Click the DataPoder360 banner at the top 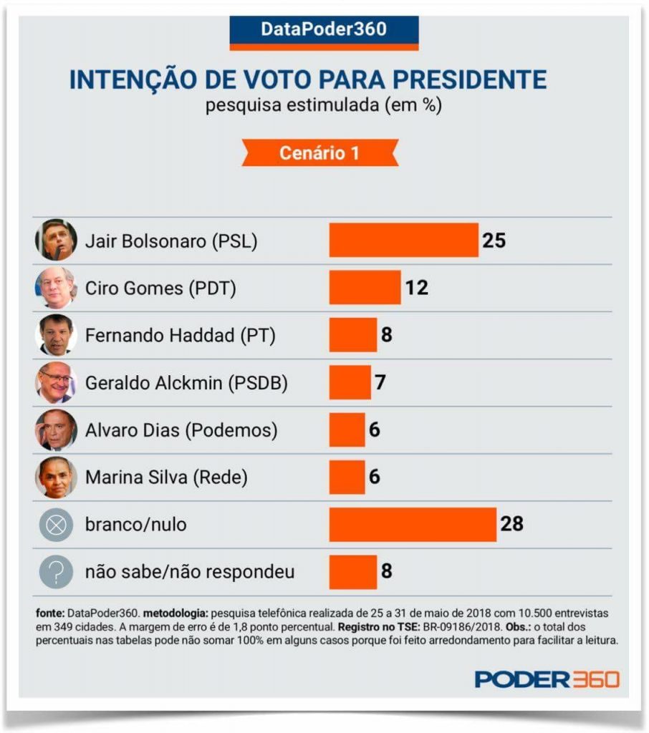coord(324,30)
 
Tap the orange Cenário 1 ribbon coord(319,152)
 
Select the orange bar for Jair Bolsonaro coord(403,240)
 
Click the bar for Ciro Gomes coord(365,287)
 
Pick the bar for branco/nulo coord(413,525)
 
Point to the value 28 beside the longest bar coord(512,525)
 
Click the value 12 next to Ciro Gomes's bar coord(416,288)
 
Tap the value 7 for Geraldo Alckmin coord(380,383)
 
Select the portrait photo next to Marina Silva coord(56,477)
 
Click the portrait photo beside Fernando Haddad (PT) coord(56,335)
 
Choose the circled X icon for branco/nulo coord(56,525)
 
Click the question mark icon coord(56,573)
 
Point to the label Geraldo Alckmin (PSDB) coord(186,383)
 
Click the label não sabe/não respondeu coord(190,573)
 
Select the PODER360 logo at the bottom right coord(547,679)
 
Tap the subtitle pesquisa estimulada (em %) coord(324,105)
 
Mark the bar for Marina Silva coord(347,477)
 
